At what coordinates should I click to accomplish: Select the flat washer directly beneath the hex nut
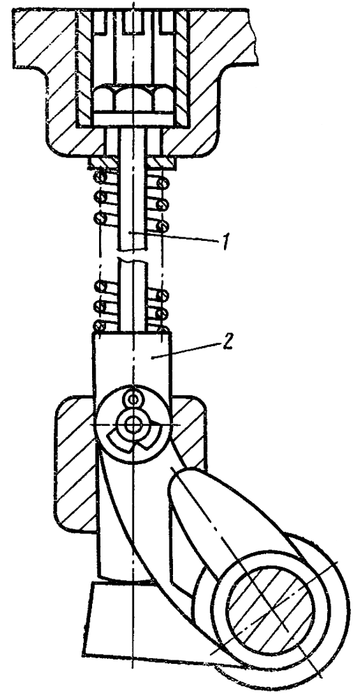(133, 117)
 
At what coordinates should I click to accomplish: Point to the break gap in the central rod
(133, 255)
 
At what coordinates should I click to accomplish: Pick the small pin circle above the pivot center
(132, 398)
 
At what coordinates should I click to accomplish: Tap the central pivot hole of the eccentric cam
(132, 424)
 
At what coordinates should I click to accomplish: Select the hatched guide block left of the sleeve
(75, 463)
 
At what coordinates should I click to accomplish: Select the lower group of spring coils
(133, 305)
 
